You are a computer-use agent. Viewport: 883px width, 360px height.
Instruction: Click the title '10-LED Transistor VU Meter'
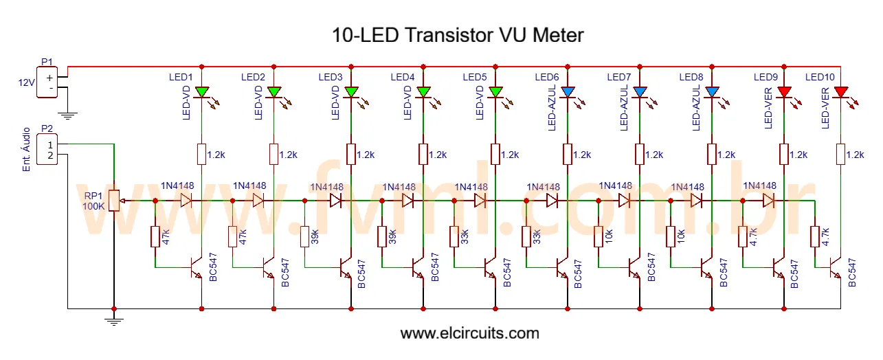point(458,34)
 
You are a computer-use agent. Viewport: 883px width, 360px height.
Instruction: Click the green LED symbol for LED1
point(202,91)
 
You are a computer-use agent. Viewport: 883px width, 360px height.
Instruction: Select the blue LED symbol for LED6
point(568,91)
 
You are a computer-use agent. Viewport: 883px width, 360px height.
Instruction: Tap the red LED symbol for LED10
point(840,91)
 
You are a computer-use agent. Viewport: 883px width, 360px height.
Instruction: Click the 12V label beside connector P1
point(26,82)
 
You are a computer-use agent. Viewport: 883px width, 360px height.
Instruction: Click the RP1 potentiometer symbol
point(114,201)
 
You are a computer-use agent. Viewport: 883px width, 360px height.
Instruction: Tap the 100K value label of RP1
point(94,206)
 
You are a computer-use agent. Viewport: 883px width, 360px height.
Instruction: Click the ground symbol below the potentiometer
point(114,320)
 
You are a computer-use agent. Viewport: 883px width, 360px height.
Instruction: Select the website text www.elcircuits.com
point(469,334)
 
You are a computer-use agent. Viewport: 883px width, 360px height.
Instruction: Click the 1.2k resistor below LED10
point(840,154)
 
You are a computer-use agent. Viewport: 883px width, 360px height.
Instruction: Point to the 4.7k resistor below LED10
point(816,236)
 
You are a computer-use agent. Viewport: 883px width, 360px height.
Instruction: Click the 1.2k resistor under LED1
point(202,154)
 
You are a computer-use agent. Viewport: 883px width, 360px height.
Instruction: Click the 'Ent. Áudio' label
point(27,149)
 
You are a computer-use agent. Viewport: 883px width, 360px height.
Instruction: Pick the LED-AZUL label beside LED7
point(624,109)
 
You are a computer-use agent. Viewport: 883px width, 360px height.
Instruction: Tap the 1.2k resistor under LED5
point(495,154)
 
